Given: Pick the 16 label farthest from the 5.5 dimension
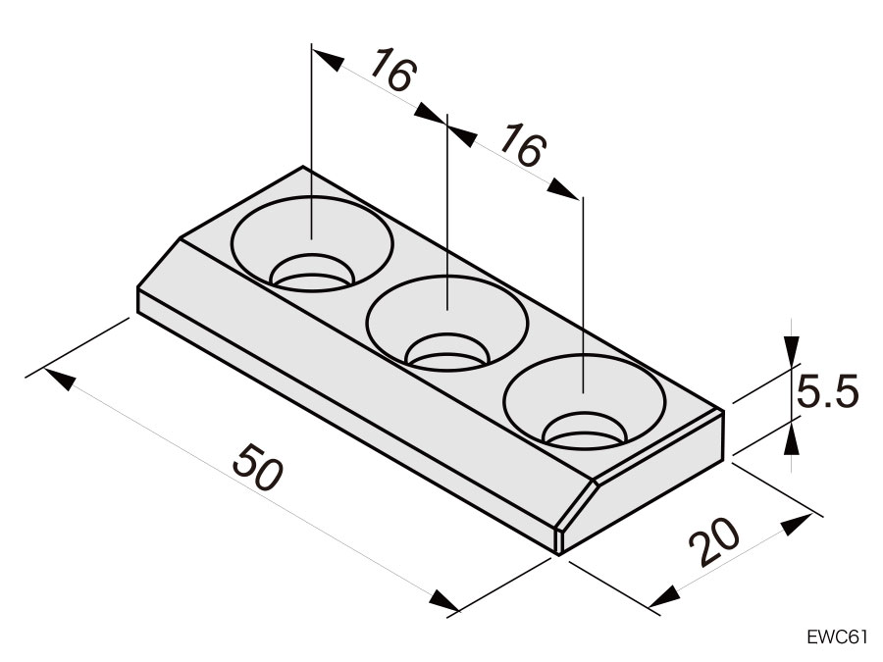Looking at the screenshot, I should pos(391,74).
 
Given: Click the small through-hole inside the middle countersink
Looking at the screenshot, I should pos(447,353).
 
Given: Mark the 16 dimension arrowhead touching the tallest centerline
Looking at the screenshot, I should pos(328,59).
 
